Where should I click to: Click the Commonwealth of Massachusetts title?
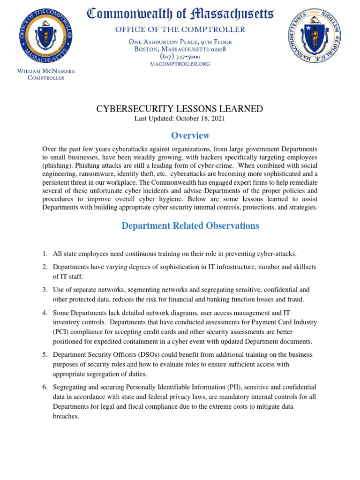(x=180, y=14)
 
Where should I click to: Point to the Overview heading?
(x=190, y=135)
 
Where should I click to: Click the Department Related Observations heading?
(x=190, y=225)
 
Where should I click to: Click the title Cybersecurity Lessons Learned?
(x=180, y=109)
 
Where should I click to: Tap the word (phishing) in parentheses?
(x=57, y=166)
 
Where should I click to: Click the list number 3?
(x=45, y=290)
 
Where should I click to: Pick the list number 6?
(x=45, y=387)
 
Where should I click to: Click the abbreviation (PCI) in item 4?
(x=61, y=331)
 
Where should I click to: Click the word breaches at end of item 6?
(x=66, y=416)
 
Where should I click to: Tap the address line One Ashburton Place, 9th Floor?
(x=180, y=42)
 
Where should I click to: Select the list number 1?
(x=45, y=254)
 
